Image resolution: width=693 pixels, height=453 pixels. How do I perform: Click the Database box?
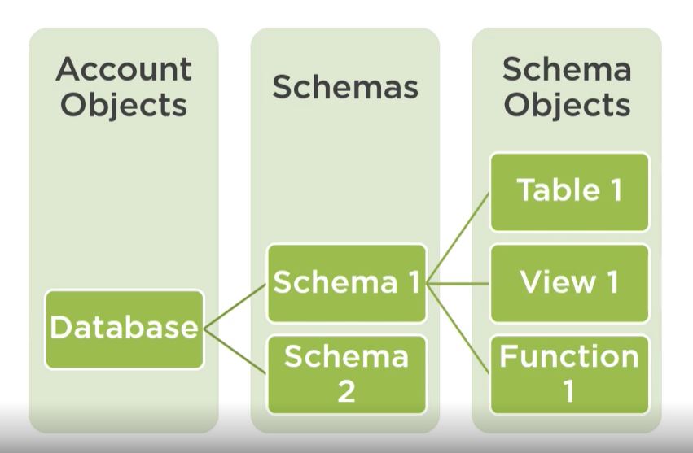[x=124, y=329]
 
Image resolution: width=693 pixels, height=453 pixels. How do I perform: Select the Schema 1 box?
[x=347, y=283]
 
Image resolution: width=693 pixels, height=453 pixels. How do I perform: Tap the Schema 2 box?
[x=347, y=373]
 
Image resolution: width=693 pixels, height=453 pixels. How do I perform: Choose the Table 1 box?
[x=569, y=191]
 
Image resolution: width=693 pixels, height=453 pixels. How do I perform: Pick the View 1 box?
[x=569, y=283]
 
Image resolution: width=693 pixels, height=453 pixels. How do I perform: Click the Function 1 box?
[x=569, y=373]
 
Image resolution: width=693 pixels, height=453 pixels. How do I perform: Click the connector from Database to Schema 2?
[x=235, y=351]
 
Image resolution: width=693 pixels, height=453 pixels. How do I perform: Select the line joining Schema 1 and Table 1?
[x=458, y=237]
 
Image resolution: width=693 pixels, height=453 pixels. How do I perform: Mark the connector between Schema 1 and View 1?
[x=458, y=284]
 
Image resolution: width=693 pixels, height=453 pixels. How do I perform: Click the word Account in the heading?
[x=124, y=70]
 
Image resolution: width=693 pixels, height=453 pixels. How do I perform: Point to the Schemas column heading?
[x=345, y=87]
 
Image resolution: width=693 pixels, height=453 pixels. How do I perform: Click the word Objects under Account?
[x=124, y=106]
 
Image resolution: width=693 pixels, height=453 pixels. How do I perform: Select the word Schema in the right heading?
[x=567, y=70]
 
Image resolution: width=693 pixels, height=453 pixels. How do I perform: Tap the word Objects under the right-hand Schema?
[x=567, y=106]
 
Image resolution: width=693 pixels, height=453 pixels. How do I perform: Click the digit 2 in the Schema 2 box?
[x=346, y=391]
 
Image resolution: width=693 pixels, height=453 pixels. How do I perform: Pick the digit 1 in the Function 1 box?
[x=568, y=391]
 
